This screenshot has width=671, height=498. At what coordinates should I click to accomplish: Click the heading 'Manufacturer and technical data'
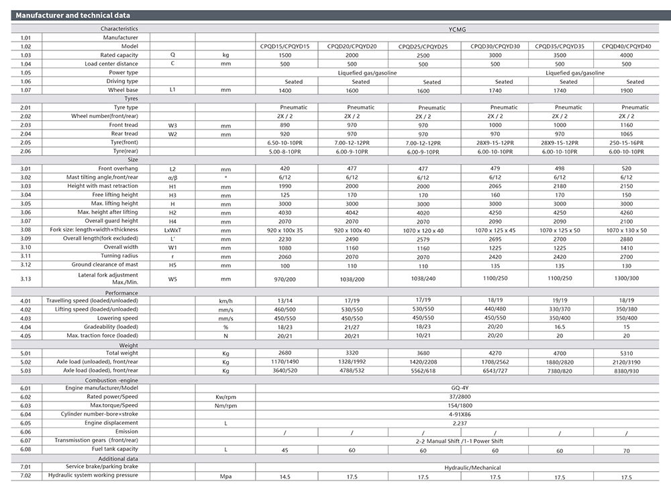pos(73,15)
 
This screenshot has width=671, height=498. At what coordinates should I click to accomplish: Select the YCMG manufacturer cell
pos(463,30)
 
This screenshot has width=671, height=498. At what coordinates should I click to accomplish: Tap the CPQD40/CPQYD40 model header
pos(626,46)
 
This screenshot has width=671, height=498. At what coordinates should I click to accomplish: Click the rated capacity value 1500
pos(285,56)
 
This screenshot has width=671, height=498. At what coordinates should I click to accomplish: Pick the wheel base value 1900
pos(626,90)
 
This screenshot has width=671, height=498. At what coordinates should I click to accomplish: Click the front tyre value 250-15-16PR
pos(626,143)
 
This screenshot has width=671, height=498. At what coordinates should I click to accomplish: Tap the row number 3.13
pos(26,278)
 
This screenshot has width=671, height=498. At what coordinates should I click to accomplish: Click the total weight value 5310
pos(626,353)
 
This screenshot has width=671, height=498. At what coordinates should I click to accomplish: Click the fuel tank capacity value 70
pos(626,450)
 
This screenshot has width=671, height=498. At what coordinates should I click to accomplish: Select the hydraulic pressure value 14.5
pos(285,477)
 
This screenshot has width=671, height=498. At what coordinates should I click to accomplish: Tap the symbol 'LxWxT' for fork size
pos(172,230)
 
